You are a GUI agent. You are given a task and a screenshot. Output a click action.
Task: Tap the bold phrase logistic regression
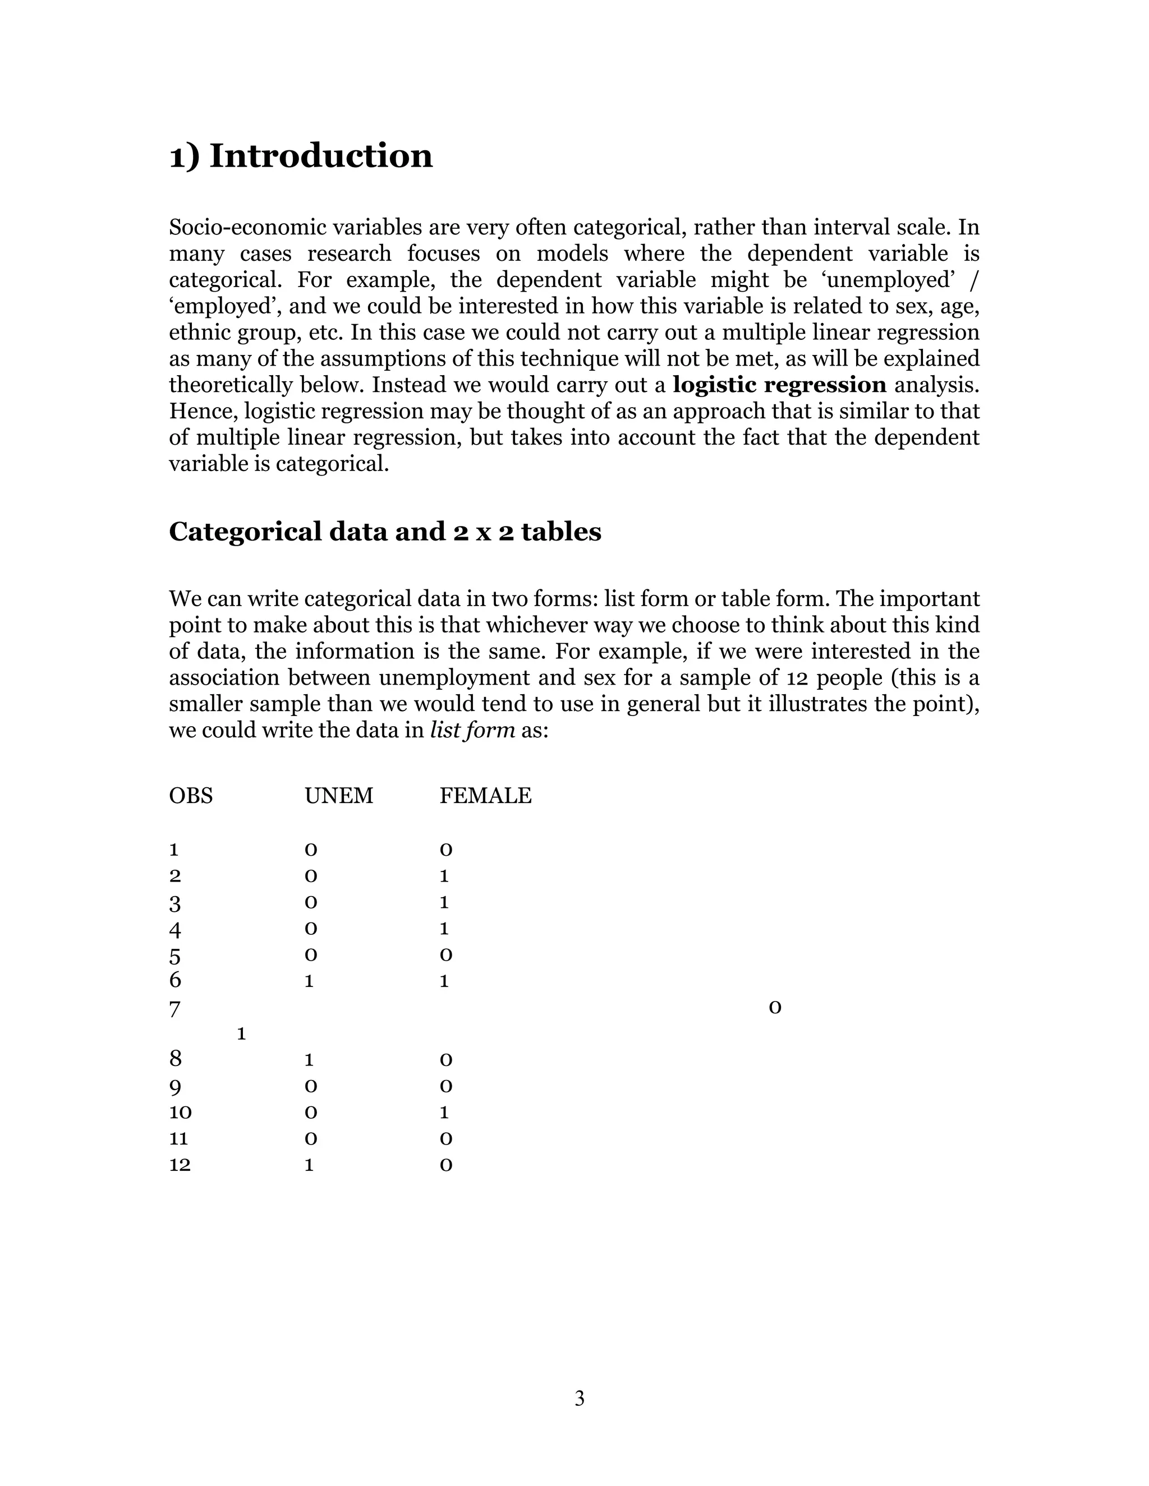click(779, 385)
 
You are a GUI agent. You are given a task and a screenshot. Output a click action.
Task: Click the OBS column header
click(191, 795)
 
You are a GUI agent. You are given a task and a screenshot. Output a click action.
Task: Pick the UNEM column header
click(338, 795)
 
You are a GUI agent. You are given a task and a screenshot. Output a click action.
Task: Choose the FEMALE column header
click(485, 795)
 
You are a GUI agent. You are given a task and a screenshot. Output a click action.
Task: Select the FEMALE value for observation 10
click(444, 1113)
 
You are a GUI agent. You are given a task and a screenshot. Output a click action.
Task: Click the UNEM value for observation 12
click(309, 1165)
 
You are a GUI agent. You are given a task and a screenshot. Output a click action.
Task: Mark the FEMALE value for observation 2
click(444, 876)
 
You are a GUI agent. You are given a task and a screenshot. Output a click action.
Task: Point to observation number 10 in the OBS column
click(181, 1113)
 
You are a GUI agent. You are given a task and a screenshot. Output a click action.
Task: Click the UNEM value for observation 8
click(309, 1060)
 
